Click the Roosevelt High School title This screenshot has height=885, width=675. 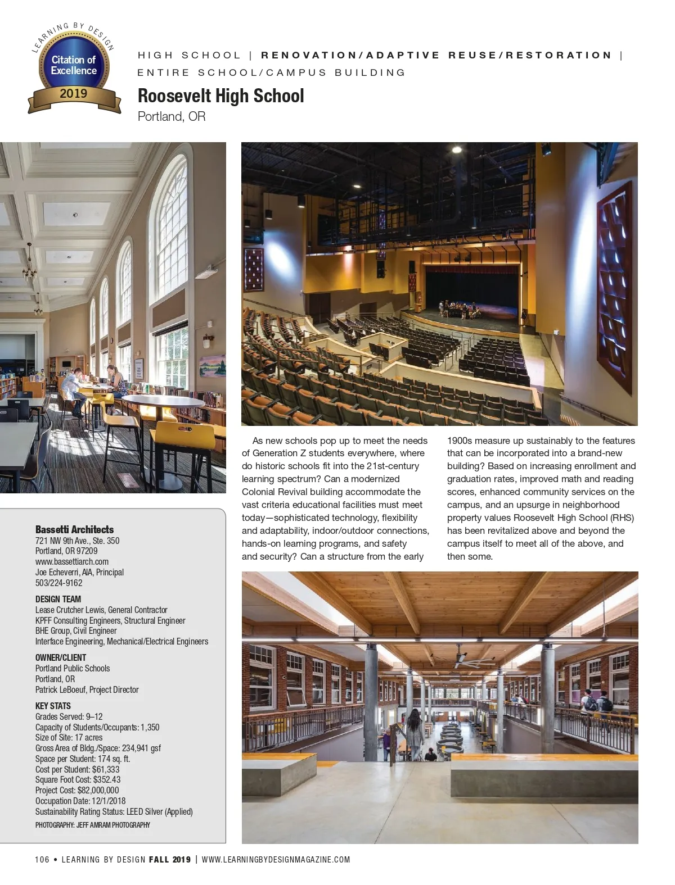tap(220, 96)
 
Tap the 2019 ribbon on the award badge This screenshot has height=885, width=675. tap(74, 93)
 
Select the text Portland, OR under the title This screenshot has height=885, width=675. tap(172, 116)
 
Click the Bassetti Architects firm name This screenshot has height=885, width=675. tap(74, 529)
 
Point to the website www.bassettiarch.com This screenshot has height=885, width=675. tap(72, 561)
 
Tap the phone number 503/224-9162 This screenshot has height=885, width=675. tap(58, 583)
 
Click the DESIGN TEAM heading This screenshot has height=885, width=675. tap(58, 599)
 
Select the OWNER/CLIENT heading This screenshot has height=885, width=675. tap(61, 657)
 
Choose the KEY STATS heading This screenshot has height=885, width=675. tap(53, 706)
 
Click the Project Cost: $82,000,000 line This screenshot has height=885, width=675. tap(77, 790)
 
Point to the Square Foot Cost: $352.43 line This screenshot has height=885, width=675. tap(78, 779)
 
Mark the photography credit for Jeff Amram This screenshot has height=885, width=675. tap(92, 825)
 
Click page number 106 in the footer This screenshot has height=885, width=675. tap(42, 859)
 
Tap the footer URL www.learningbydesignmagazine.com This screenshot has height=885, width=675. tap(276, 859)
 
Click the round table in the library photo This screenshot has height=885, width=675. tap(163, 402)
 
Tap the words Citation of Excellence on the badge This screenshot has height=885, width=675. tap(74, 65)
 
